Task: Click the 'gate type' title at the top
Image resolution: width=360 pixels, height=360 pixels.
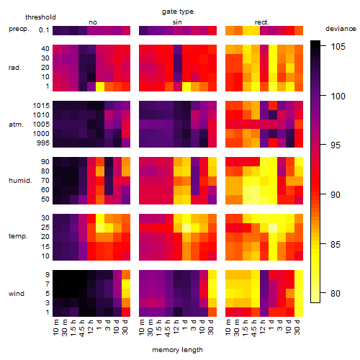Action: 178,12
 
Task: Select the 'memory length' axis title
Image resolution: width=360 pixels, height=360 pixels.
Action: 177,350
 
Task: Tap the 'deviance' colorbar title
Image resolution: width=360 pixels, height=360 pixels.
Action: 341,29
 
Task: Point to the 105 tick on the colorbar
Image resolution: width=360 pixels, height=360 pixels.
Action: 338,46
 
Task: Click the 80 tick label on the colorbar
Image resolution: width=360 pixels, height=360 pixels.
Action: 336,293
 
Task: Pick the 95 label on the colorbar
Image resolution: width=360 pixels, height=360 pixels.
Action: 336,145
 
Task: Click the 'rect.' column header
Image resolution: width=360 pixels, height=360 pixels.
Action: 262,22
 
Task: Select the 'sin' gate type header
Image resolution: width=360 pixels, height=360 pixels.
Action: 177,22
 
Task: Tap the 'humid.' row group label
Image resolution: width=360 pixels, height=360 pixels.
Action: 20,181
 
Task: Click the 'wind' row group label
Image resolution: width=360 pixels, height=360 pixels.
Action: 17,293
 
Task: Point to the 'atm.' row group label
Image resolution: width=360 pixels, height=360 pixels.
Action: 16,125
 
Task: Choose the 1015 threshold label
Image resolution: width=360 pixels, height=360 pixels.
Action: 41,106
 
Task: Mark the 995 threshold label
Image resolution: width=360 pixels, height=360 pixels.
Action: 43,143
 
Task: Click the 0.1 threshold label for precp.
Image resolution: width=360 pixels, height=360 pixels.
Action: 44,30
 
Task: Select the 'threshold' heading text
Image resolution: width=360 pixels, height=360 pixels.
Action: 40,17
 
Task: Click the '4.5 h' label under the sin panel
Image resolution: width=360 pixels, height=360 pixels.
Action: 168,328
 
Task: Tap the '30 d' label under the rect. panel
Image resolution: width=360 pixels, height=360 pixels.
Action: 297,327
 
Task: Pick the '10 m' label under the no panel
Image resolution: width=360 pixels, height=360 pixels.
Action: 55,328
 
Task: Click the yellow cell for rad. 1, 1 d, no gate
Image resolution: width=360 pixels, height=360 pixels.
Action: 100,86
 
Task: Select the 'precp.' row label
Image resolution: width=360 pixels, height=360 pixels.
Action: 19,29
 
